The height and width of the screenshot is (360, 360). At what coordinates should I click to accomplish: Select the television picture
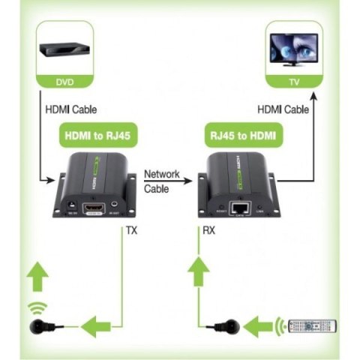pyautogui.click(x=295, y=47)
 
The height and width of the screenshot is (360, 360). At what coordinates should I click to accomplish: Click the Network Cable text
pyautogui.click(x=162, y=181)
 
